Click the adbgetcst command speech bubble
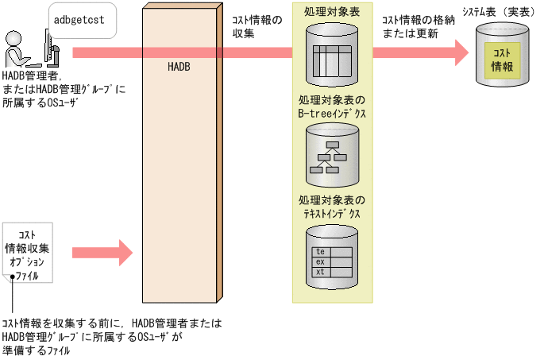79,20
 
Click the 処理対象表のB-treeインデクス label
332,107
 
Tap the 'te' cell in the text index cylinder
321,252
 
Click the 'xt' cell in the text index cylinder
321,272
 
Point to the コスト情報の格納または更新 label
417,26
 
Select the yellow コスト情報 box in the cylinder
502,60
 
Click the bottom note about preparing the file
111,337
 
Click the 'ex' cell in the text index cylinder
321,261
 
